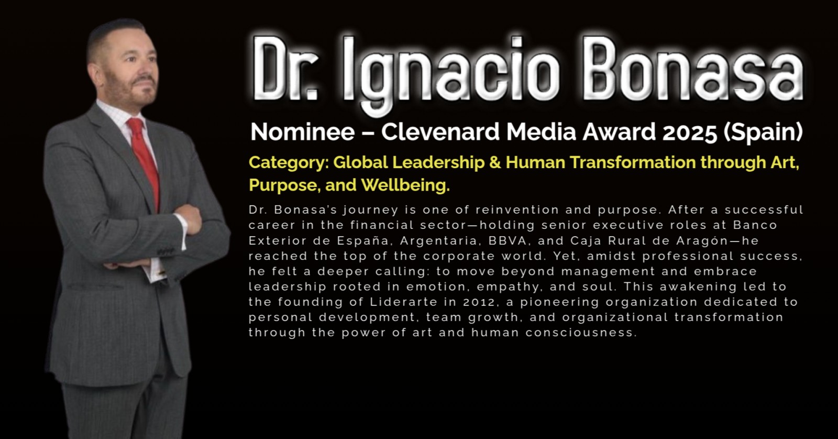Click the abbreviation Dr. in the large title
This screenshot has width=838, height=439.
(286, 69)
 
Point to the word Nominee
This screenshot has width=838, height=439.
(302, 131)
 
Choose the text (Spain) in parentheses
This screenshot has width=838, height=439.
(763, 132)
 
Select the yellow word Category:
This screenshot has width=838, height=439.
(289, 163)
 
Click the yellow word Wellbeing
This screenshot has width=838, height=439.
(405, 185)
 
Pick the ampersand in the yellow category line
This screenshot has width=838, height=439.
(495, 162)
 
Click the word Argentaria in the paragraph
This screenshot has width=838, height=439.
(440, 241)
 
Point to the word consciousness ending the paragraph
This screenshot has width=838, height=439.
(581, 333)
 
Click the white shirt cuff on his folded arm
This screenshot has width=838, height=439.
(183, 230)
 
